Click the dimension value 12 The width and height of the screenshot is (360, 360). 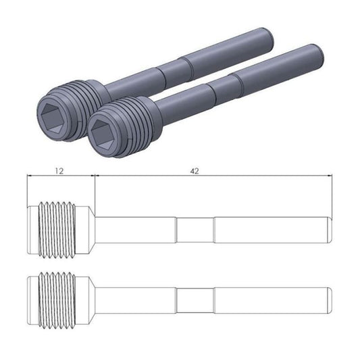[x=59, y=172]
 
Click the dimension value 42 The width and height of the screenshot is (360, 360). [x=194, y=172]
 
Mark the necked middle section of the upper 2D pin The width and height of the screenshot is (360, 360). [x=195, y=229]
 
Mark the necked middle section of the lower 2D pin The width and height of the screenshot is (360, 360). [x=195, y=298]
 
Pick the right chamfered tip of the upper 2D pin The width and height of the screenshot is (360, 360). [x=331, y=229]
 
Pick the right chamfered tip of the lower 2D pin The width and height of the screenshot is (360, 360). [x=331, y=298]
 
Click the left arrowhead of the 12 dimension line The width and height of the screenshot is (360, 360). [x=29, y=177]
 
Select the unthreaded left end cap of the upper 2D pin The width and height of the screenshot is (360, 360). [x=33, y=229]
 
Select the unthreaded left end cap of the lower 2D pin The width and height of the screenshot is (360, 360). [x=33, y=298]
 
